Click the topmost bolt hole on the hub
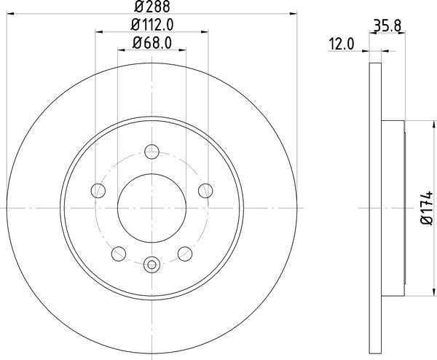coord(151,152)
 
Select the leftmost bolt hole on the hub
coord(98,191)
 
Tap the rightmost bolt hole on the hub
coord(205,191)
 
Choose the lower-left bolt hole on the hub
coord(118,254)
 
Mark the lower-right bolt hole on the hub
coord(185,254)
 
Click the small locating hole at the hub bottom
coord(151,265)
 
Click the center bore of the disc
coord(151,208)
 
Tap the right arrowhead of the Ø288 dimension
coord(294,12)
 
